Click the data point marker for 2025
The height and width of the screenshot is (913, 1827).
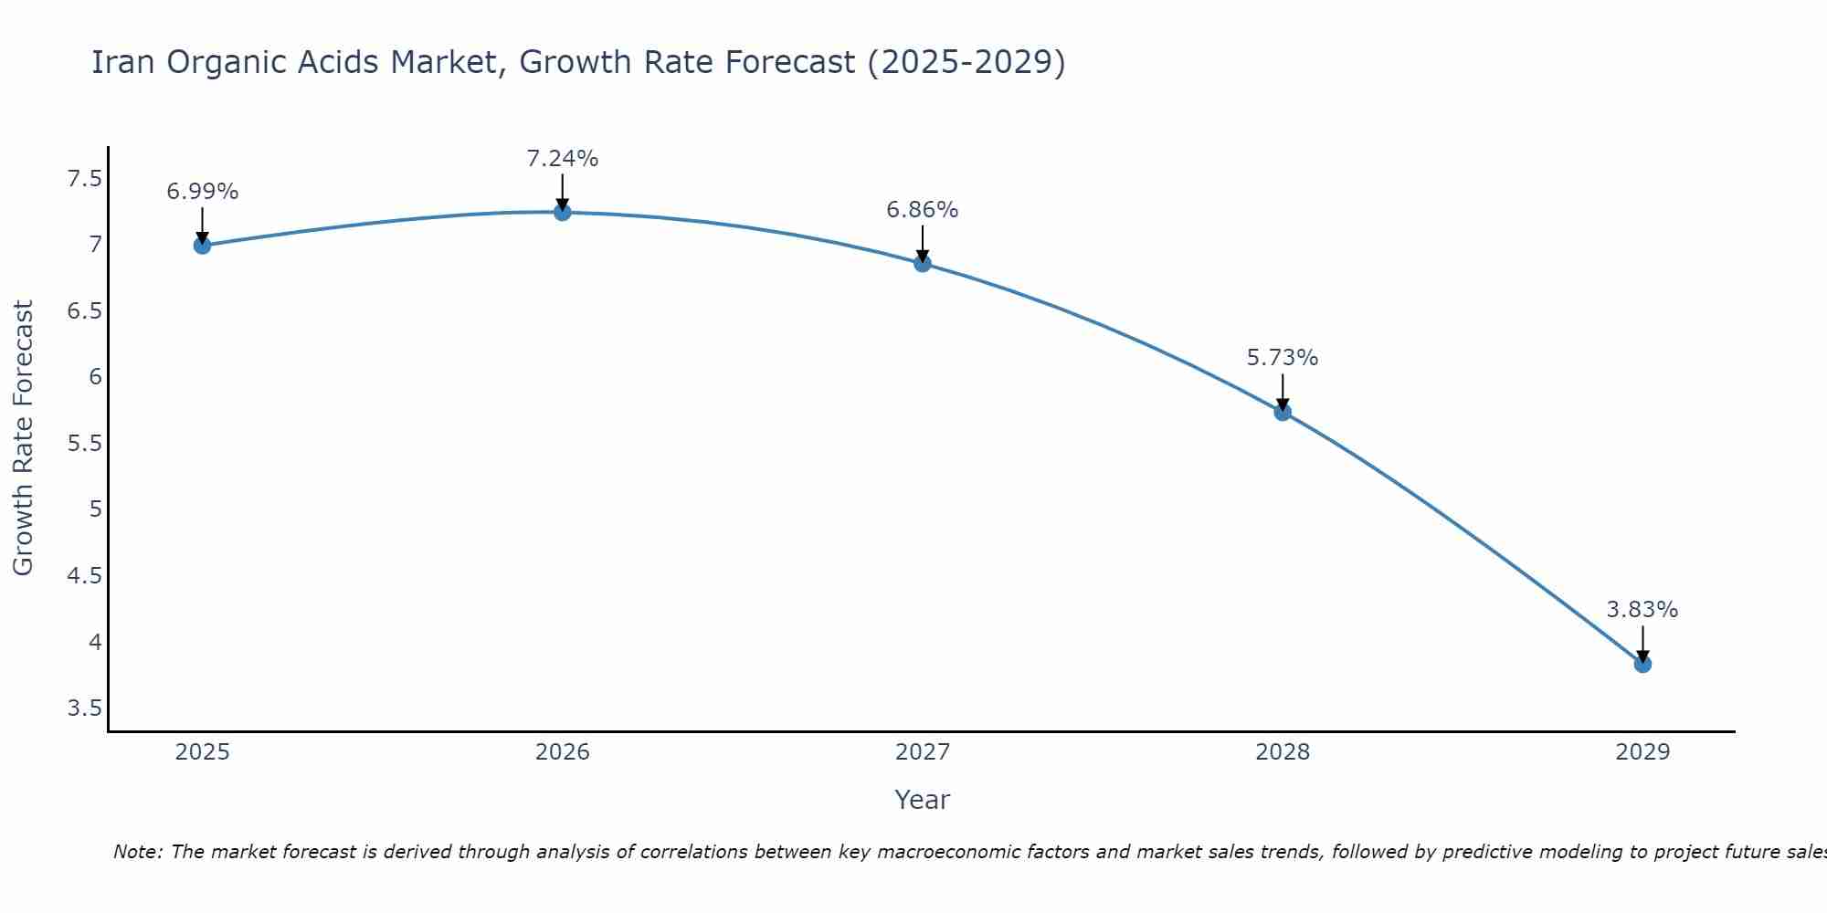click(202, 245)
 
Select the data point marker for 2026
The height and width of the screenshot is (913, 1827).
click(563, 212)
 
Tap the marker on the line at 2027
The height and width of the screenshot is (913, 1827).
click(923, 263)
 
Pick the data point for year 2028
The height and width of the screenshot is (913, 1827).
click(1283, 412)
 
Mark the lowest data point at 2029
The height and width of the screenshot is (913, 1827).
click(1642, 664)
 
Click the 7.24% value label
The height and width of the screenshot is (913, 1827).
click(563, 159)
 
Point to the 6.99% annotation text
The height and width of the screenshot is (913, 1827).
click(202, 192)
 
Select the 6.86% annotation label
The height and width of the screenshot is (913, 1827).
click(923, 210)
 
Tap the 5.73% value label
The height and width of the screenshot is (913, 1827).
click(1283, 358)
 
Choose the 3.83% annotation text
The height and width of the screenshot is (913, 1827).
click(1642, 610)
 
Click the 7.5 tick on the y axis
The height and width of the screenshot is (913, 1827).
click(84, 178)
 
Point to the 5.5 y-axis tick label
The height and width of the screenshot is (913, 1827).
click(84, 444)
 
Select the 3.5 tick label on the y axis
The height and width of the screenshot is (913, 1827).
click(84, 708)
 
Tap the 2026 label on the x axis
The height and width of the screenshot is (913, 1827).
click(563, 752)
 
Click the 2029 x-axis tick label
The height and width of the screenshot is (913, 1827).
click(1642, 752)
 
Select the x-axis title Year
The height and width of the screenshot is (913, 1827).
click(923, 800)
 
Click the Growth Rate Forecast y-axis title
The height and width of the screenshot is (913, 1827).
click(23, 438)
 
